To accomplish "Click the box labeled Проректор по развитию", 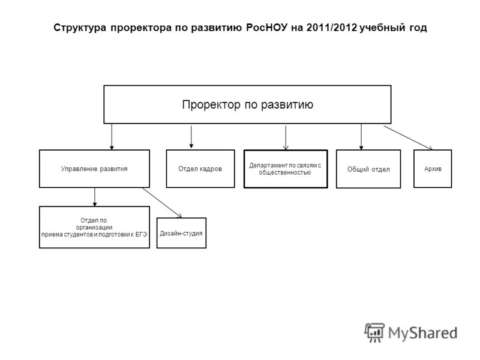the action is pyautogui.click(x=247, y=104).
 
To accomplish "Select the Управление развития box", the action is pyautogui.click(x=94, y=169).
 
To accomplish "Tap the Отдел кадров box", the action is pyautogui.click(x=200, y=169).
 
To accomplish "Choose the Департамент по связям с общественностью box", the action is pyautogui.click(x=286, y=169).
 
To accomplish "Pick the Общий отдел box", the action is pyautogui.click(x=368, y=169).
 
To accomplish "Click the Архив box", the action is pyautogui.click(x=433, y=169).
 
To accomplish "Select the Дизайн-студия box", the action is pyautogui.click(x=181, y=233).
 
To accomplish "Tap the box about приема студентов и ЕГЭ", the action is pyautogui.click(x=94, y=227).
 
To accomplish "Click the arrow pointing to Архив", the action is pyautogui.click(x=408, y=138).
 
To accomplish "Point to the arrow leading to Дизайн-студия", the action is pyautogui.click(x=162, y=203).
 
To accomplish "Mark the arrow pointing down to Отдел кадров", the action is pyautogui.click(x=191, y=137).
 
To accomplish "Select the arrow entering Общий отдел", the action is pyautogui.click(x=361, y=137).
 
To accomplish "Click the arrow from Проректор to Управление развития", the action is pyautogui.click(x=112, y=137).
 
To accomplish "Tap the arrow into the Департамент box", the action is pyautogui.click(x=286, y=138).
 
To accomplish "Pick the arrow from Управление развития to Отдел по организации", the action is pyautogui.click(x=95, y=197).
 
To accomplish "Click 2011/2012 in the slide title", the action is pyautogui.click(x=332, y=28).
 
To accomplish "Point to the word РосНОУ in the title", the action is pyautogui.click(x=267, y=28).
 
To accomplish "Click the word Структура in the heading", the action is pyautogui.click(x=80, y=28).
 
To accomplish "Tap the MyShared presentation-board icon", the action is pyautogui.click(x=374, y=332).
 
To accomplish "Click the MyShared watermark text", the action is pyautogui.click(x=423, y=333).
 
